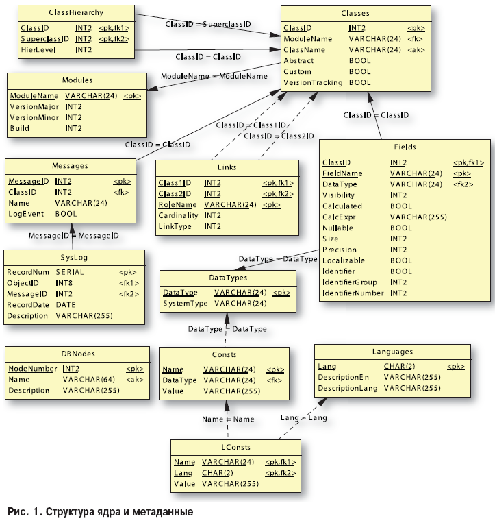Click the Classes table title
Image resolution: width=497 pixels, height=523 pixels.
[x=355, y=13]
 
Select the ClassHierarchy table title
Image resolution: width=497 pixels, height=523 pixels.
[x=76, y=13]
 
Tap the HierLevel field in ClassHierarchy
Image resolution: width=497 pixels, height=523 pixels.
[x=37, y=50]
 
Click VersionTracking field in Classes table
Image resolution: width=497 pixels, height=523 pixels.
[x=313, y=83]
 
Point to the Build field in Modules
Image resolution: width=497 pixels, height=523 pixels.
[x=20, y=128]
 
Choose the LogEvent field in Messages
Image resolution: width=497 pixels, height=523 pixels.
[x=25, y=214]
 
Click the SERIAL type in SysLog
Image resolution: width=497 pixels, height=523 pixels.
[x=69, y=272]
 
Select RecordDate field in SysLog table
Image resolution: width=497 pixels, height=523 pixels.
[x=29, y=305]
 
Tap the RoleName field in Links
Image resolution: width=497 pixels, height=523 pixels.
[x=177, y=204]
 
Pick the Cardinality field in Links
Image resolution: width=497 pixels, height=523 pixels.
[x=178, y=215]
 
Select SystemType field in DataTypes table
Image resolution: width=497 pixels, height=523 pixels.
[x=185, y=303]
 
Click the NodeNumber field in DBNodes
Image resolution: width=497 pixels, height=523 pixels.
[x=32, y=368]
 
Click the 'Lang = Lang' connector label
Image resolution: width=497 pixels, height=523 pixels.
[x=303, y=417]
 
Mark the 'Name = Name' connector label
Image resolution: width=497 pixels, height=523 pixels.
[x=228, y=419]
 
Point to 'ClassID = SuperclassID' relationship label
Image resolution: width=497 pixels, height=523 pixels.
[x=208, y=24]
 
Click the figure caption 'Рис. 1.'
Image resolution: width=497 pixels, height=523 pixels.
[x=25, y=512]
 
